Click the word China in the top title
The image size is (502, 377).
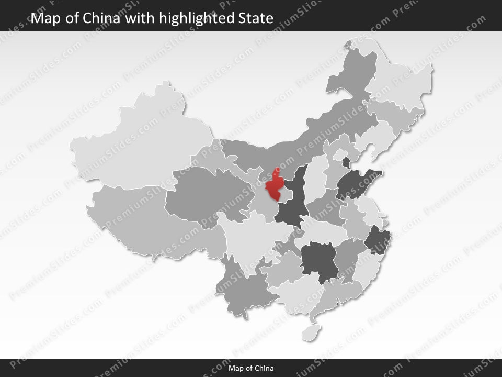click(104, 19)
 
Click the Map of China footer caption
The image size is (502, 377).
click(251, 368)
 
